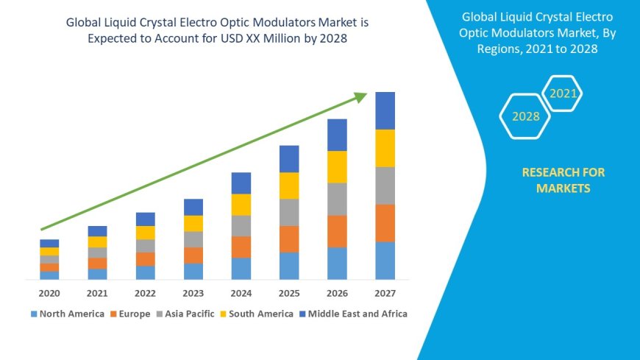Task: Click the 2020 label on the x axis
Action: pyautogui.click(x=49, y=293)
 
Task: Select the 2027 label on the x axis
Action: pyautogui.click(x=385, y=293)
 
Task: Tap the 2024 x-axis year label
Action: pyautogui.click(x=241, y=293)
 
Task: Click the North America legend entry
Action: pyautogui.click(x=67, y=314)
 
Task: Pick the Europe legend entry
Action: pyautogui.click(x=130, y=314)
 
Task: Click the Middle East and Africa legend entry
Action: pyautogui.click(x=352, y=314)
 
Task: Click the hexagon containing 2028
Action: pyautogui.click(x=525, y=116)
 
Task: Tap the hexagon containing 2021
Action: pyautogui.click(x=563, y=93)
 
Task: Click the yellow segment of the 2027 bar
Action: pyautogui.click(x=385, y=148)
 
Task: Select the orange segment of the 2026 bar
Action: pyautogui.click(x=337, y=231)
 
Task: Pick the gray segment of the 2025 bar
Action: pyautogui.click(x=289, y=212)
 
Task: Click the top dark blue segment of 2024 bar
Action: pyautogui.click(x=241, y=183)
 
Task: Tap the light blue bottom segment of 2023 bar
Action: pyautogui.click(x=193, y=272)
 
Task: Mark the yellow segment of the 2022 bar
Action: pyautogui.click(x=146, y=233)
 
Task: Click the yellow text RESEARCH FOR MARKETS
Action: pyautogui.click(x=563, y=180)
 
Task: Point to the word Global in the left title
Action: pyautogui.click(x=85, y=23)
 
